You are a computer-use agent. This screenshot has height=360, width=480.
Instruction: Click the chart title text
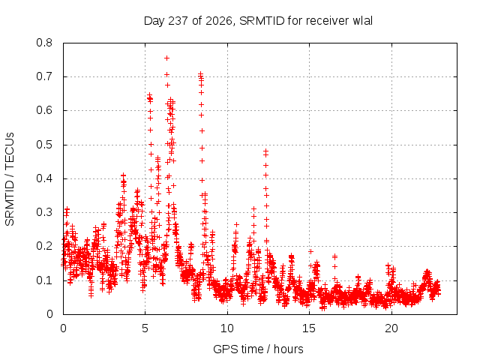point(258,21)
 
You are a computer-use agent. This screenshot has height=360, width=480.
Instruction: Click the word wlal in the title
point(363,21)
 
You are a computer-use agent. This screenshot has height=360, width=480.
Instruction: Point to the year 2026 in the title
point(218,21)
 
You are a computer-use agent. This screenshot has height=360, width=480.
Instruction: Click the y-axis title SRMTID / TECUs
point(10,179)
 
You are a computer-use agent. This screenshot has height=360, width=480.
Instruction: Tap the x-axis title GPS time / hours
point(258,349)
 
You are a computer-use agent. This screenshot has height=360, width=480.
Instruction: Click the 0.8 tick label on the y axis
point(44,43)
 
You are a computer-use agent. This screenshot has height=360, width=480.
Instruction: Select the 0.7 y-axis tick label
point(44,76)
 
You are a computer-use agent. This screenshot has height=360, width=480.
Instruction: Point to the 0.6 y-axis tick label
point(44,110)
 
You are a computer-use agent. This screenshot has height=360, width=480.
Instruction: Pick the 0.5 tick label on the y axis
point(44,145)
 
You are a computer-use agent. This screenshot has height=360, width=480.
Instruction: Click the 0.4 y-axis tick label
point(44,178)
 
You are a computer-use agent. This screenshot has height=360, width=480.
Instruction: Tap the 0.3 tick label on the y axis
point(44,212)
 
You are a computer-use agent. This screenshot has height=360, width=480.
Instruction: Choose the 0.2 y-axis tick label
point(44,247)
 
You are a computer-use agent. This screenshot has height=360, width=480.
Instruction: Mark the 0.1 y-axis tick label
point(44,280)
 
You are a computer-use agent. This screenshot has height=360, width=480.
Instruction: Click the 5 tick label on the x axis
point(145,328)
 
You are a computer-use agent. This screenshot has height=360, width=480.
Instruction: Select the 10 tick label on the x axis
point(227,328)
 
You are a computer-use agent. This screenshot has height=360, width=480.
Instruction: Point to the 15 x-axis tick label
point(309,328)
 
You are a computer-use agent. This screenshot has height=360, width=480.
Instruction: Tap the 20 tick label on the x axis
point(391,328)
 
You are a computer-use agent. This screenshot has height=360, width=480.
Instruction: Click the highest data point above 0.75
point(166,58)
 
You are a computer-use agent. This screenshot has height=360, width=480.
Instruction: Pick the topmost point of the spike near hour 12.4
point(266,151)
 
